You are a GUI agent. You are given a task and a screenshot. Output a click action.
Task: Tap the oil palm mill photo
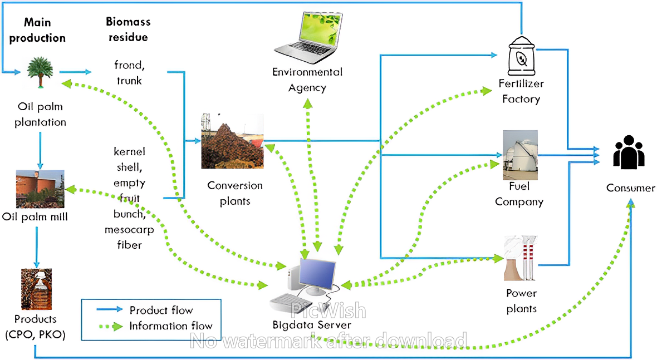click(x=40, y=189)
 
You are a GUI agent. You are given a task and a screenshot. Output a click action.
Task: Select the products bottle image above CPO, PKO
click(x=36, y=289)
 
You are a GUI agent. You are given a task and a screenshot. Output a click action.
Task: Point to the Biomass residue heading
click(x=128, y=29)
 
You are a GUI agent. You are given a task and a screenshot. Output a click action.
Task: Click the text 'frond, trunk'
click(x=129, y=73)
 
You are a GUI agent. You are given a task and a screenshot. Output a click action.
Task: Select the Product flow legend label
click(x=161, y=310)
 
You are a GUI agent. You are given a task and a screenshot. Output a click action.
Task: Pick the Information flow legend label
click(x=171, y=326)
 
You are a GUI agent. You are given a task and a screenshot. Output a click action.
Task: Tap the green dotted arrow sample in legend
click(x=110, y=327)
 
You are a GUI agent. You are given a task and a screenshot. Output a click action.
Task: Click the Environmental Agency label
click(x=307, y=80)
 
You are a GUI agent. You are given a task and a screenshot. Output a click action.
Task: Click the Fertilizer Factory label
click(x=521, y=92)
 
